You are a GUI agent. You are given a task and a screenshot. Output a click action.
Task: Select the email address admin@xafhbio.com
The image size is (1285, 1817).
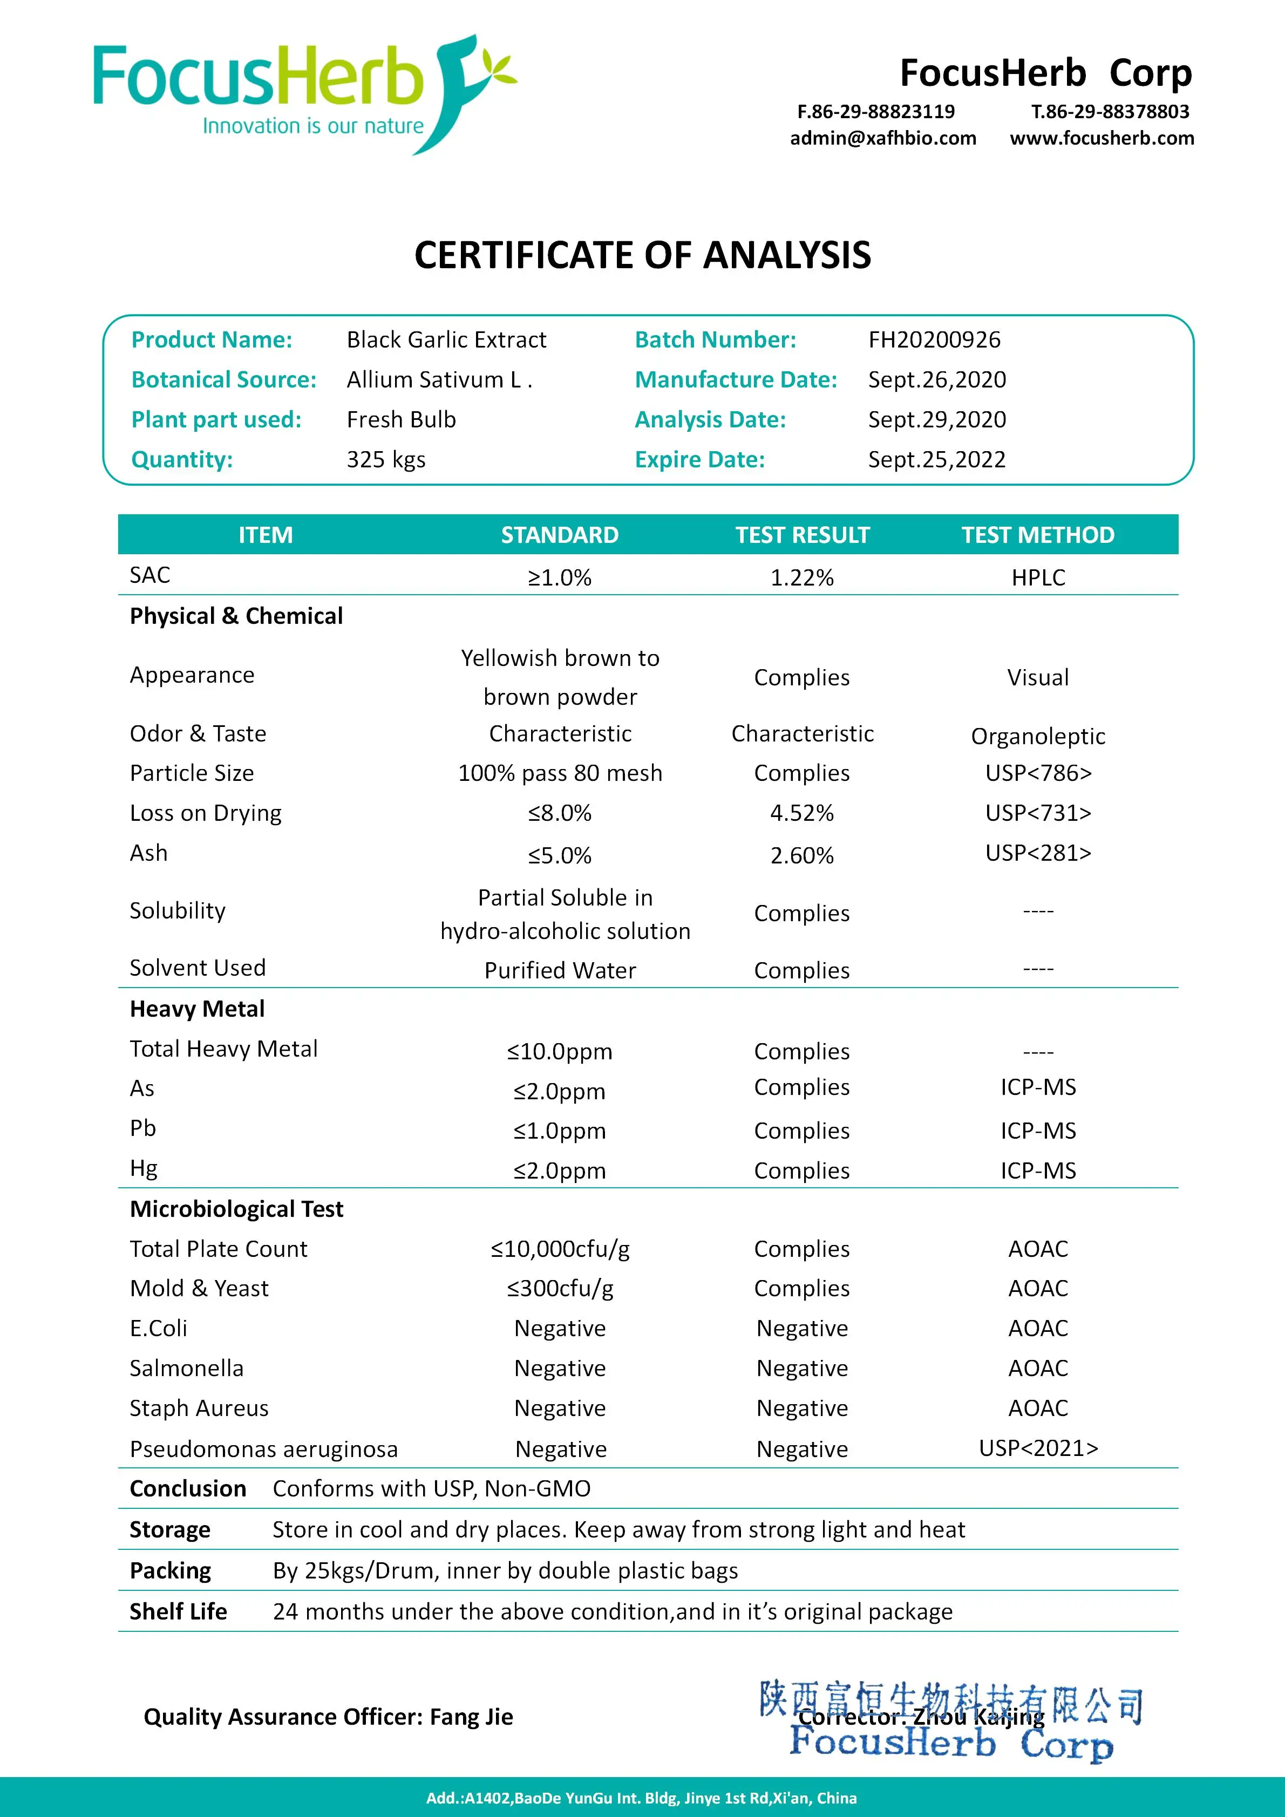click(x=882, y=139)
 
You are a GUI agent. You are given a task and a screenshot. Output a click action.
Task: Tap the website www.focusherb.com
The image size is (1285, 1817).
click(x=1102, y=139)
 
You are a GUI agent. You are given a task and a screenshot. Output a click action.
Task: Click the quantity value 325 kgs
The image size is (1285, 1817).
click(x=385, y=460)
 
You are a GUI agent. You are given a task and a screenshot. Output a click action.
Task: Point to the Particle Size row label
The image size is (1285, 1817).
click(x=192, y=773)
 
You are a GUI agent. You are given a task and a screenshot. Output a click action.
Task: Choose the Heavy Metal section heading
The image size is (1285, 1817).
click(x=197, y=1009)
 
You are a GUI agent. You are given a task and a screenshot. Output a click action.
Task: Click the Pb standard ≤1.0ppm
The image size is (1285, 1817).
click(x=560, y=1131)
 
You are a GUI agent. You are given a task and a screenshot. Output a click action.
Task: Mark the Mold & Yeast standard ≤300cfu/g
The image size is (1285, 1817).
click(x=560, y=1288)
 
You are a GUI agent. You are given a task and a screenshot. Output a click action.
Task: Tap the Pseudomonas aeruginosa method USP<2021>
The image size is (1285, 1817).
click(x=1038, y=1448)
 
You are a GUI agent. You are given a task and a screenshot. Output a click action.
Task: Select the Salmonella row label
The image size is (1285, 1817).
click(x=186, y=1369)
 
